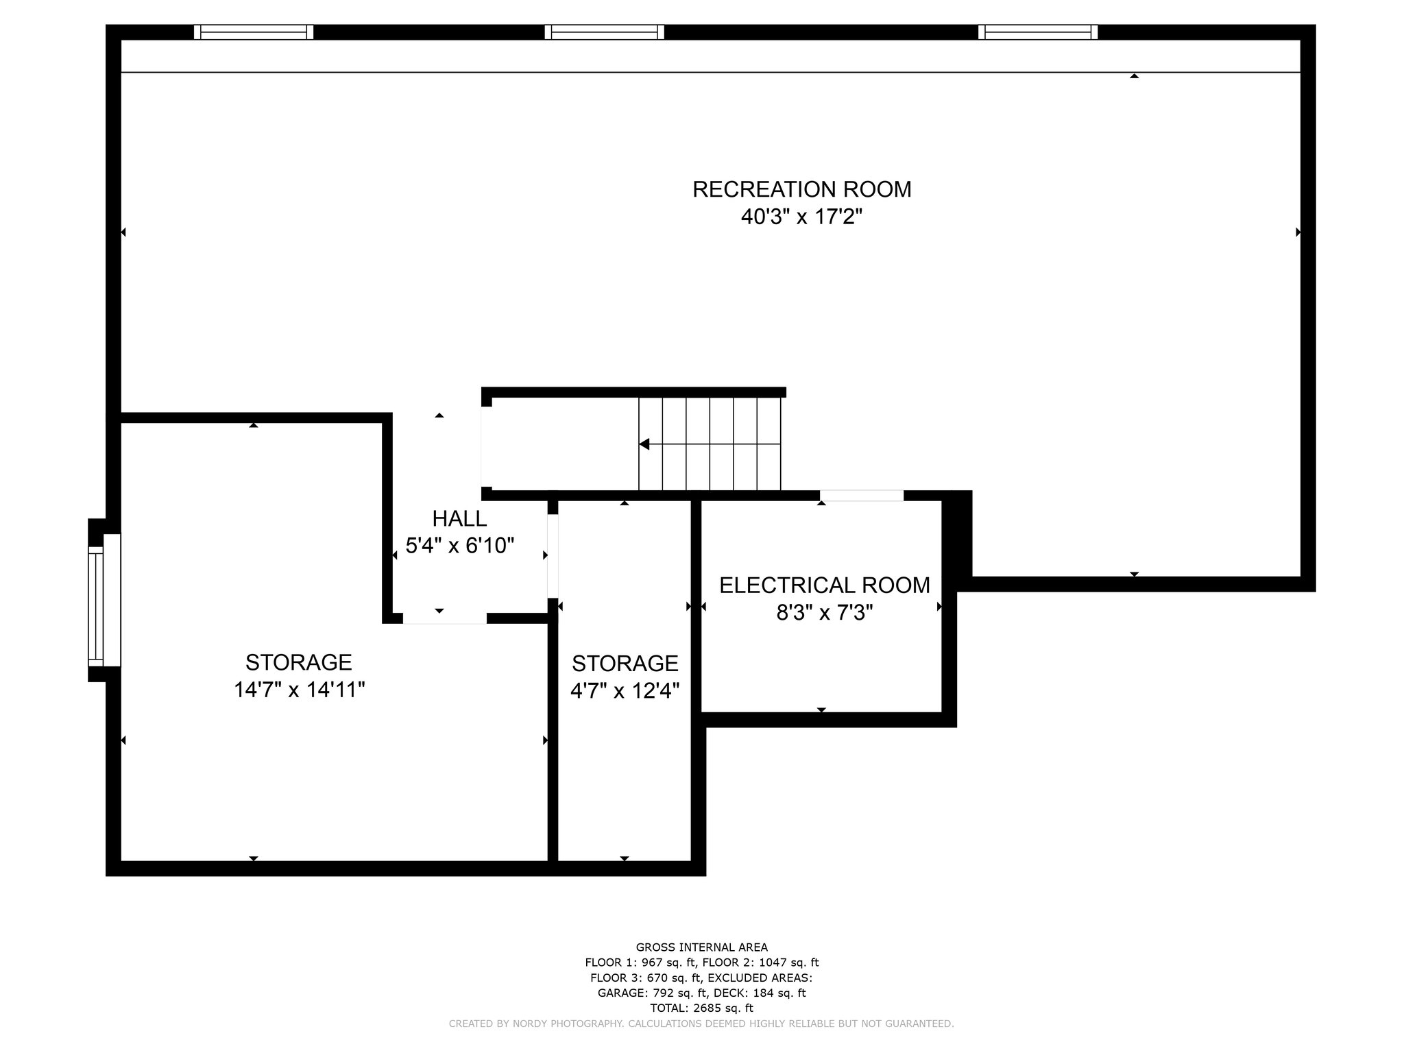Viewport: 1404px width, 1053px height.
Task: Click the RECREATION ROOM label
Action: pos(801,189)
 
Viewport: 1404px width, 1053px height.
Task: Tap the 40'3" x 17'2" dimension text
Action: pos(801,217)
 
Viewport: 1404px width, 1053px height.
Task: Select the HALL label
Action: pos(459,518)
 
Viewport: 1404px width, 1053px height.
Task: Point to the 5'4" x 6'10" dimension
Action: pos(460,546)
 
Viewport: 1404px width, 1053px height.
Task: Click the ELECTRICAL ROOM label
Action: pos(824,585)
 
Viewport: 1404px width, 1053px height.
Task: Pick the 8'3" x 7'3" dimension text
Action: pos(824,612)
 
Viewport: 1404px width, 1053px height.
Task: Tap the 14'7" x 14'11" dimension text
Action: pos(299,690)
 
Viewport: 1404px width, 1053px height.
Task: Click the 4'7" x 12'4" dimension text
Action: pos(625,690)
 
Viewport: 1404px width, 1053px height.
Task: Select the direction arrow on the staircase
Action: pos(644,444)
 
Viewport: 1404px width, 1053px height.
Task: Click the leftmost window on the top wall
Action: pos(254,32)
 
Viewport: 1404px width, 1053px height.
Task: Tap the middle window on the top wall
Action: pos(604,32)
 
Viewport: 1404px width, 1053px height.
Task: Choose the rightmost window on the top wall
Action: pos(1037,32)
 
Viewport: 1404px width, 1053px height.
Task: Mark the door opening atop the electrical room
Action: pos(862,496)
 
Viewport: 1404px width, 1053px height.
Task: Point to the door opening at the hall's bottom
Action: pos(444,618)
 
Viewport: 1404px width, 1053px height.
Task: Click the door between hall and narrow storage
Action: pos(553,555)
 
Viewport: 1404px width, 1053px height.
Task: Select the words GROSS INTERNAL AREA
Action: pos(701,947)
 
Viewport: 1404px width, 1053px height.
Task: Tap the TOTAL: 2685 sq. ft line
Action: pos(701,1008)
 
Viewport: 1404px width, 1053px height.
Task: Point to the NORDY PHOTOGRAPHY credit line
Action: pos(701,1024)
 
